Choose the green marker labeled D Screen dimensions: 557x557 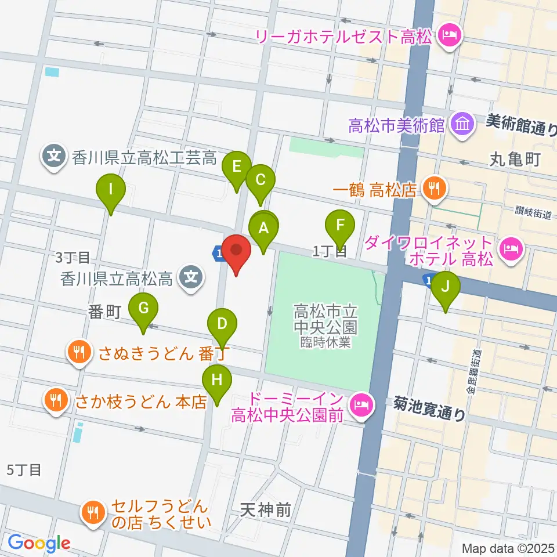[x=222, y=324]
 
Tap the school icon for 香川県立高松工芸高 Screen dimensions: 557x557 [x=54, y=156]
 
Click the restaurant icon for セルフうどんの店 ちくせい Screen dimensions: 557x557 [x=92, y=512]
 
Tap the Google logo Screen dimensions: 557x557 [x=38, y=543]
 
